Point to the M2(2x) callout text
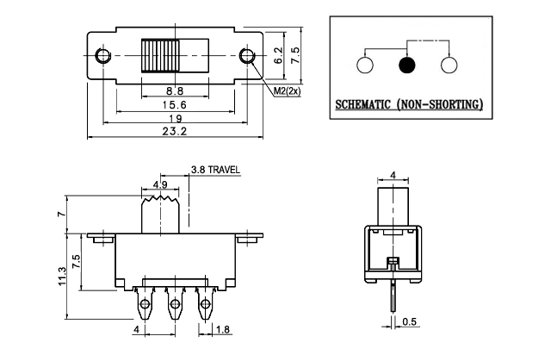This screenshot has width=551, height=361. click(x=287, y=92)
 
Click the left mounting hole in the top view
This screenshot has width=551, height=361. click(x=104, y=57)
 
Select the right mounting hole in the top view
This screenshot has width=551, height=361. click(x=250, y=57)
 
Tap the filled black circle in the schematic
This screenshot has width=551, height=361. click(x=407, y=65)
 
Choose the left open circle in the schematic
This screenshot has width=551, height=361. click(x=363, y=65)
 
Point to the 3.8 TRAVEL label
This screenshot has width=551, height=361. click(x=215, y=170)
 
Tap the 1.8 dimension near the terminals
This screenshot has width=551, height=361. click(x=221, y=328)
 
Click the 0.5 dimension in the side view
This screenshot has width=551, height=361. click(x=412, y=322)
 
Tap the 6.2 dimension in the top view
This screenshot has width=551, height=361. click(x=278, y=56)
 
